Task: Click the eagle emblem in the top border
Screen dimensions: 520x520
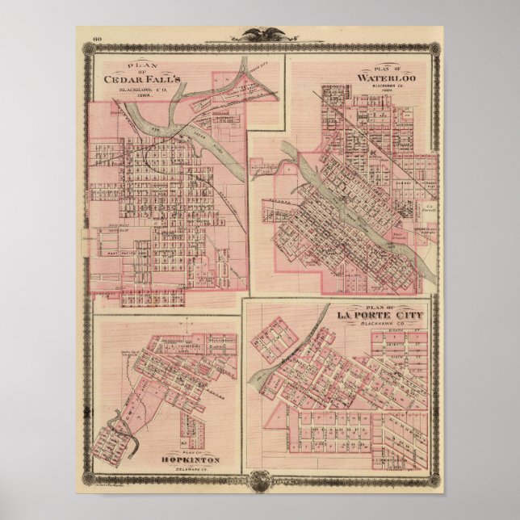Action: (260, 35)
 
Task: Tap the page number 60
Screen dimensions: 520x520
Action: (97, 38)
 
